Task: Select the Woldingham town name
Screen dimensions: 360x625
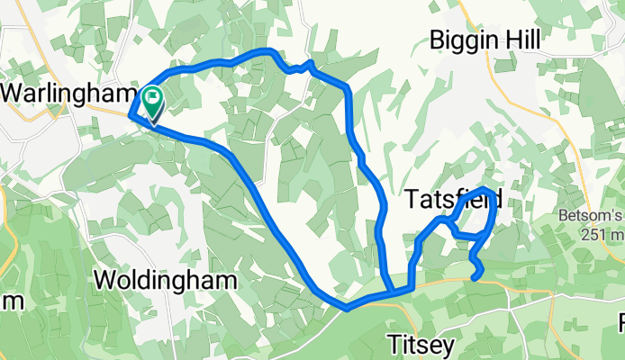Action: tap(166, 280)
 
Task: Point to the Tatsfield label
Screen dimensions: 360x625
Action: tap(453, 199)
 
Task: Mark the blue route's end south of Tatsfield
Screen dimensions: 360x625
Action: tap(475, 279)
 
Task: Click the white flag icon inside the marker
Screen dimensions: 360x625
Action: tap(152, 95)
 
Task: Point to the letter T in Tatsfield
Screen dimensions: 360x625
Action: tap(412, 199)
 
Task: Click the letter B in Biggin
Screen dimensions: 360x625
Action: tap(437, 40)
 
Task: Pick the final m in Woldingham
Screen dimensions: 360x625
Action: tap(229, 280)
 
